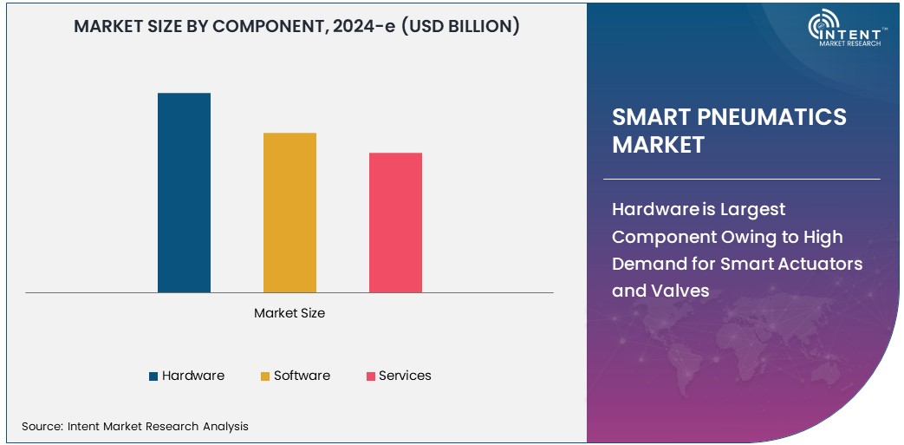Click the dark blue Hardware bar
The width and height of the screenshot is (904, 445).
coord(184,193)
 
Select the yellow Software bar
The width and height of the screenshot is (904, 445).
coord(289,213)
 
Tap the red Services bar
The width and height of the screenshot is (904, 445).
coord(395,222)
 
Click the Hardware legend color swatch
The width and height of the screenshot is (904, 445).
coord(153,376)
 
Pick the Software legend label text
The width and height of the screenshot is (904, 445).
coord(302,376)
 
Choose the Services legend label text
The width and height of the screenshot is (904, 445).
coord(405,376)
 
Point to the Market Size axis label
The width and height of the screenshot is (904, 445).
coord(289,312)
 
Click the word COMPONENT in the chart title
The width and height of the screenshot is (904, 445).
coord(270,26)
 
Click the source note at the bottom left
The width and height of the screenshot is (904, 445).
coord(135,426)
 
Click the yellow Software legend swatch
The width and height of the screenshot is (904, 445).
coord(265,376)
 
